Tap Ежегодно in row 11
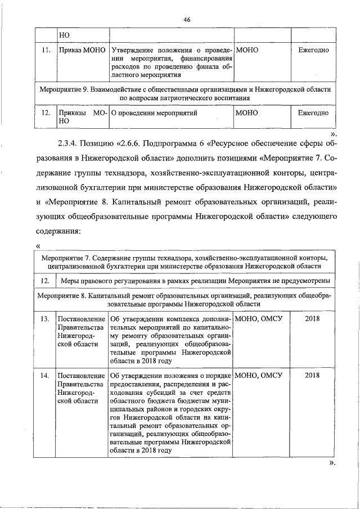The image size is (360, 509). coord(313,51)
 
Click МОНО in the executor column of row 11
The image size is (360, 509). coord(247,51)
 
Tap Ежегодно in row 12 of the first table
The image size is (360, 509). coord(313,113)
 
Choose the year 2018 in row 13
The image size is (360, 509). coord(312,319)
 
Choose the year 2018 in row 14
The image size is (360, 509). coord(312,375)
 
